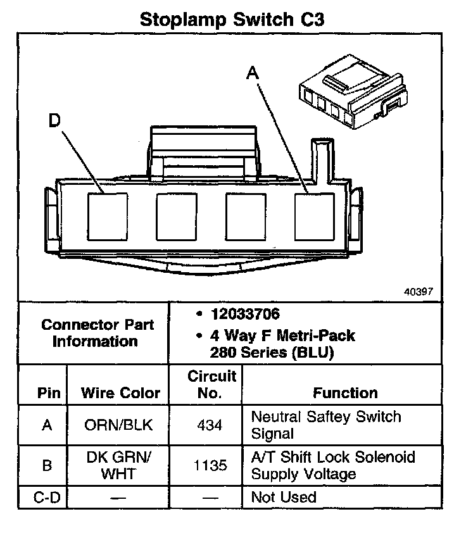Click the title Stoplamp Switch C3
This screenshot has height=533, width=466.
(232, 19)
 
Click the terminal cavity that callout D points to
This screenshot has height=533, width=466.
(106, 216)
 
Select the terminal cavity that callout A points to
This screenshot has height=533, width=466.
(315, 216)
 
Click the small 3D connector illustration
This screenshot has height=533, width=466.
(349, 97)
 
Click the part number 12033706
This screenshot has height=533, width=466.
(246, 315)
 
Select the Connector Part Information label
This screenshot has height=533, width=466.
(97, 333)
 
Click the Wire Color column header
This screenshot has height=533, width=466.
(120, 393)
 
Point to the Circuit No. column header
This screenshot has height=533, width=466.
(211, 384)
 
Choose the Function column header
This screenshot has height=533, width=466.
(345, 393)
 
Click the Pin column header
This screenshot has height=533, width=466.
(48, 393)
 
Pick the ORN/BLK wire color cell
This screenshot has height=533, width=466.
(118, 425)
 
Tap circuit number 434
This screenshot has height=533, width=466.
(209, 425)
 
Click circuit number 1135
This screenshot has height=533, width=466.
(209, 465)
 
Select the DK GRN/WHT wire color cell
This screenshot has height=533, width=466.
(118, 465)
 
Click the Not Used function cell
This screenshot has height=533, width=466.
(284, 498)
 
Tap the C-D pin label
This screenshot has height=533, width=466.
(47, 498)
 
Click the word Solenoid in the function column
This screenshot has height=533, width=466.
(388, 457)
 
